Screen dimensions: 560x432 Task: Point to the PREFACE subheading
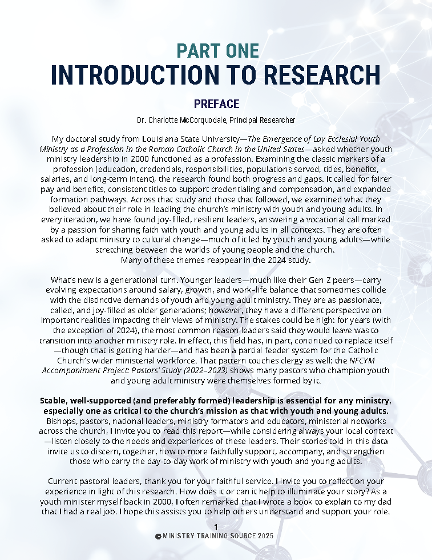(x=216, y=104)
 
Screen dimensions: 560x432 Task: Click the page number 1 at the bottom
(x=216, y=527)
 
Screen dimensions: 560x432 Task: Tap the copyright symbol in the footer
(x=158, y=537)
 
